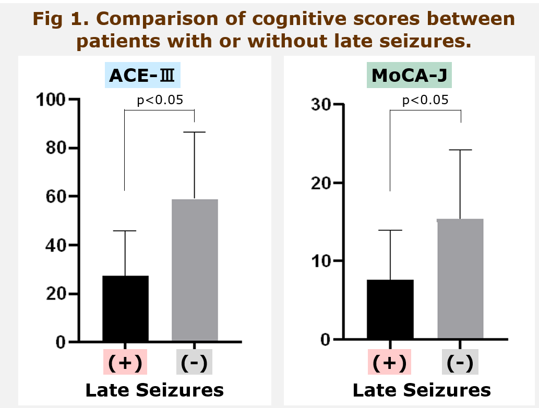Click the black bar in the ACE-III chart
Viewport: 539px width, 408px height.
click(x=125, y=308)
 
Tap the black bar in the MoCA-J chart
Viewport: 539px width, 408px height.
click(x=390, y=310)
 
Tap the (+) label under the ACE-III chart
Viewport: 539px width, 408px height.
click(x=125, y=362)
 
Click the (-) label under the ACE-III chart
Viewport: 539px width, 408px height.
click(x=194, y=362)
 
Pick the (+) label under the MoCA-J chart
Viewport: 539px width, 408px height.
click(x=390, y=362)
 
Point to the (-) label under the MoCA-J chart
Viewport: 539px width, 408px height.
click(x=460, y=362)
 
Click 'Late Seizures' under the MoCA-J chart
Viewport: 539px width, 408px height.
click(x=422, y=390)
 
